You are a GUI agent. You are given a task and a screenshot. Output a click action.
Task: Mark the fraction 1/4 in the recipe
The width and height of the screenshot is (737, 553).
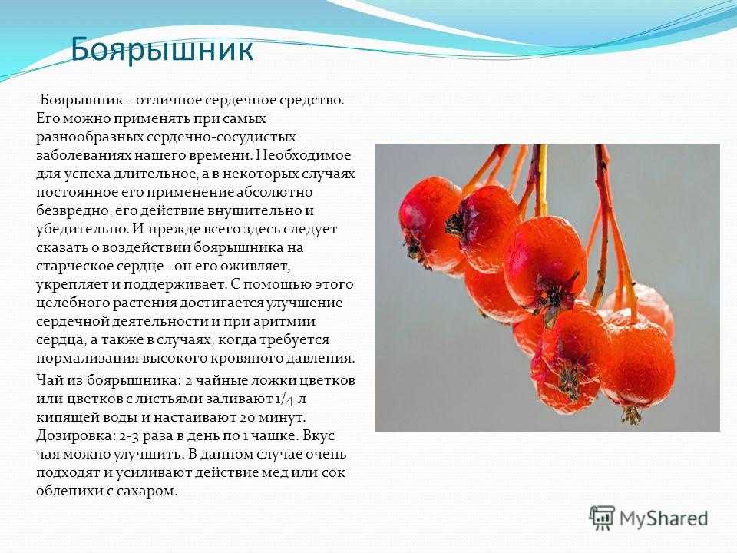(x=283, y=399)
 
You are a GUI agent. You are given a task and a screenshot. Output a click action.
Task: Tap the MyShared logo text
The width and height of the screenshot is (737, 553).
(x=663, y=519)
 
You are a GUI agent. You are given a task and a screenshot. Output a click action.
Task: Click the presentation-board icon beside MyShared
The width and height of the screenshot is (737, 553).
(x=602, y=518)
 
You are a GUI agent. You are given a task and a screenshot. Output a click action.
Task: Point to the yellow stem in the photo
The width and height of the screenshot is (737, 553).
(x=541, y=180)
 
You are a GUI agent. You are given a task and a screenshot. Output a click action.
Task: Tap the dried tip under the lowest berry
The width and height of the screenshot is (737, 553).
(x=631, y=414)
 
